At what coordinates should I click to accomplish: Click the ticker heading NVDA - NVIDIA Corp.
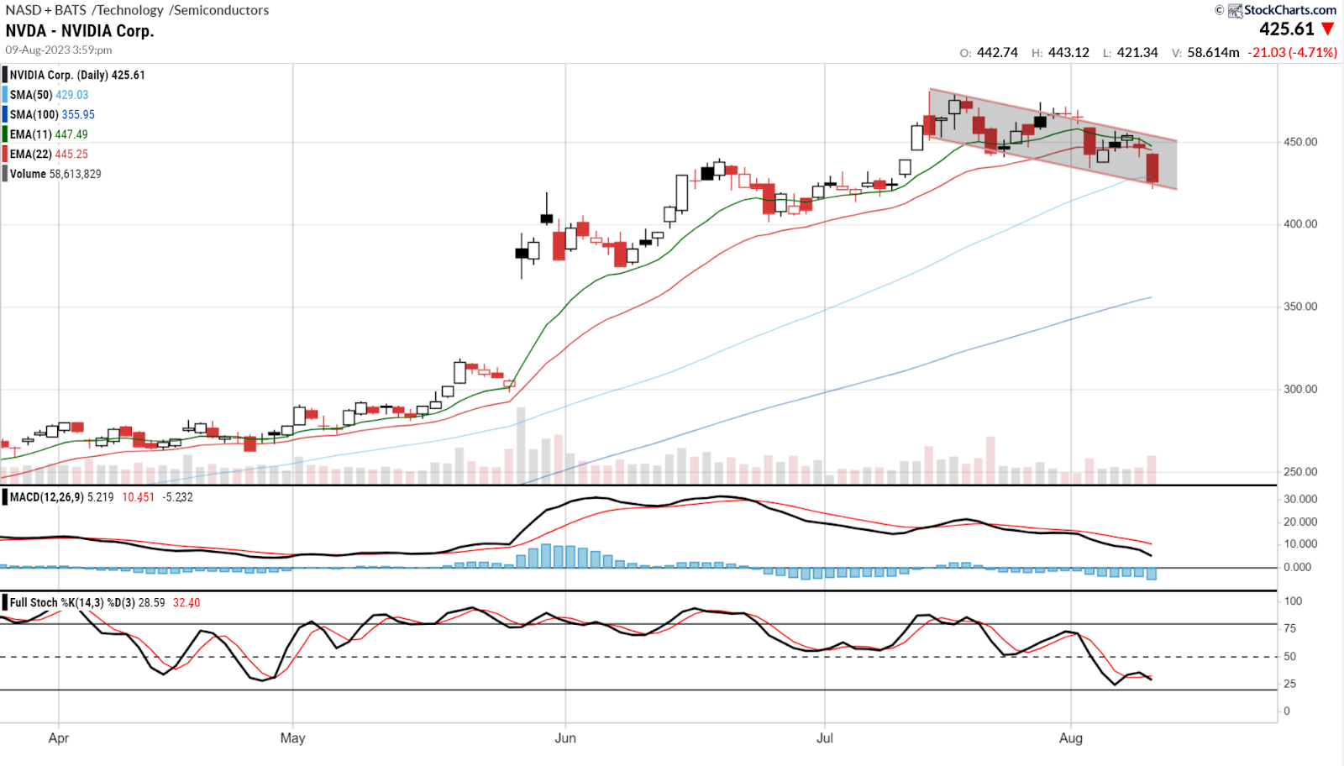click(x=80, y=31)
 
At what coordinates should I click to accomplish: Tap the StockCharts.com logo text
click(x=1289, y=10)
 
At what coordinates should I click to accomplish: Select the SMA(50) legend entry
click(x=49, y=95)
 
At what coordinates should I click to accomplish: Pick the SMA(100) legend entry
click(x=52, y=114)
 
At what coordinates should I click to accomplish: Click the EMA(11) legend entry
click(x=49, y=134)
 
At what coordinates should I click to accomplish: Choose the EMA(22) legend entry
click(x=49, y=154)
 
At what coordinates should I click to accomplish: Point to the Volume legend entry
click(x=55, y=174)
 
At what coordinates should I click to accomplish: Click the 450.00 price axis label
click(x=1300, y=142)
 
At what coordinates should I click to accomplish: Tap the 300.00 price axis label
click(x=1300, y=389)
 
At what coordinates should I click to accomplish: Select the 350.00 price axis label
click(x=1300, y=307)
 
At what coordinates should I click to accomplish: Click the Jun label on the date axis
click(x=565, y=737)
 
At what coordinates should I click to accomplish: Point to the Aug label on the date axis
click(x=1070, y=737)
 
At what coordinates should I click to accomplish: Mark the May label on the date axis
click(x=292, y=737)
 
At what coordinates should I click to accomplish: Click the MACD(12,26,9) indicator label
click(x=46, y=497)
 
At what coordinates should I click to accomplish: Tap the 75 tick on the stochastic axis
click(x=1290, y=628)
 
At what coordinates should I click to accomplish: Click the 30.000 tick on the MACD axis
click(x=1300, y=499)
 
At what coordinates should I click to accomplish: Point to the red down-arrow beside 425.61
click(x=1328, y=29)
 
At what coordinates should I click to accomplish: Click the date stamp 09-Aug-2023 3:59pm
click(x=59, y=50)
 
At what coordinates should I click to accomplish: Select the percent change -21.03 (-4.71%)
click(x=1292, y=52)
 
